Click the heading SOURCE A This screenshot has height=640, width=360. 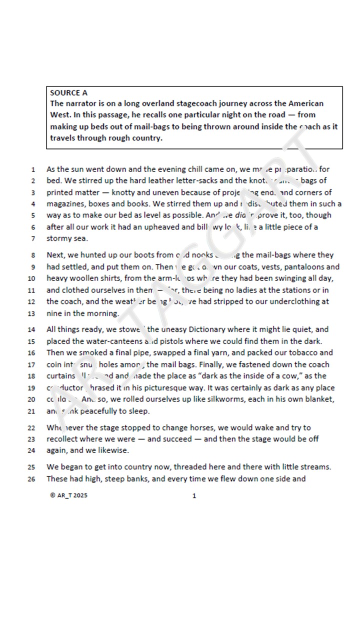pyautogui.click(x=68, y=92)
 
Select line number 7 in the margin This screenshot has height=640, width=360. pyautogui.click(x=33, y=239)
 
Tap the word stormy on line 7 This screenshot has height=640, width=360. pyautogui.click(x=59, y=238)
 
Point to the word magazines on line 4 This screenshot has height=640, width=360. pyautogui.click(x=66, y=204)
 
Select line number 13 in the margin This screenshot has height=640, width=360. pyautogui.click(x=31, y=314)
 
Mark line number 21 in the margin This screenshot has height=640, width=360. pyautogui.click(x=31, y=411)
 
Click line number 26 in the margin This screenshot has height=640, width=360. pyautogui.click(x=31, y=479)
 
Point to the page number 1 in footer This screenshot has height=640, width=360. pyautogui.click(x=194, y=496)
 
